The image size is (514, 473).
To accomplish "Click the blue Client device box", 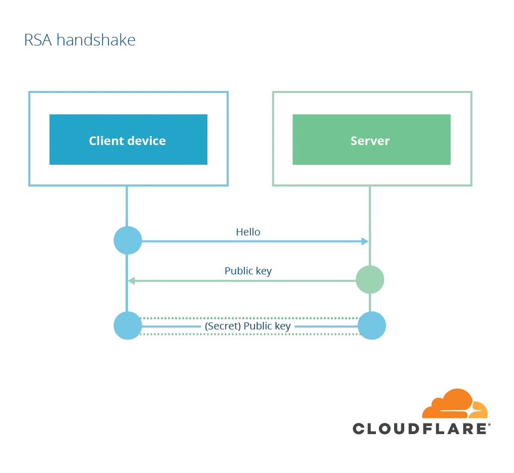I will point(128,139).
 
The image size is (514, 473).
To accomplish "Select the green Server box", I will point(372,139).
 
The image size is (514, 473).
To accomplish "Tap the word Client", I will point(106,140).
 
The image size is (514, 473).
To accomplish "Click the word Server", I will point(370,140).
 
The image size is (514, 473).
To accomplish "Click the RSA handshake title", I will point(80,41).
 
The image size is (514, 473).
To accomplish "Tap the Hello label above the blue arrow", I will point(249,232).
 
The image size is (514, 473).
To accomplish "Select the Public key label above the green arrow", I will point(247,271).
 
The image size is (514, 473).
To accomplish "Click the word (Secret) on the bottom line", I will point(223,326).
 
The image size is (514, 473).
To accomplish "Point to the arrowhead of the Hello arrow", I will point(364,240).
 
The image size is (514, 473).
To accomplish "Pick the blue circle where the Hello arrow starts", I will point(127,240).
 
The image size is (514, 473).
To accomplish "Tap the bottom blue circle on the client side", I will point(127,326).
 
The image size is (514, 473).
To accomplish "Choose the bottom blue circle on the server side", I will point(372,326).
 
